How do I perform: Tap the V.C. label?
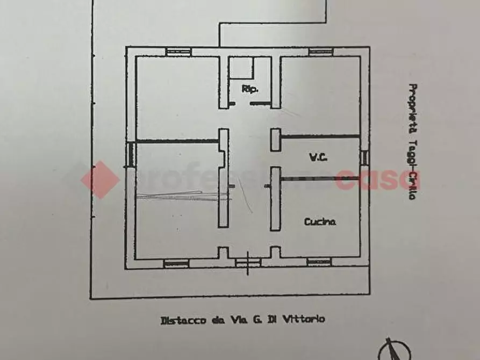[x=318, y=158]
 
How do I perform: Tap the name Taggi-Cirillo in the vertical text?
[x=413, y=166]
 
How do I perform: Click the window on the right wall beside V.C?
[x=364, y=157]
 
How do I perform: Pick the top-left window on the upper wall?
[x=175, y=52]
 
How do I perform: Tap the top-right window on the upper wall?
[x=321, y=52]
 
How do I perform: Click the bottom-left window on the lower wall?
[x=176, y=263]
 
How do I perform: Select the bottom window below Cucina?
[x=318, y=262]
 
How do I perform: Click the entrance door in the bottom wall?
[x=248, y=262]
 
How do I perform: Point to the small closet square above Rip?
[x=241, y=68]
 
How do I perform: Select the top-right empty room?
[x=320, y=94]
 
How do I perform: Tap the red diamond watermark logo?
[x=101, y=179]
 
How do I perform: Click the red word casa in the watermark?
[x=377, y=179]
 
